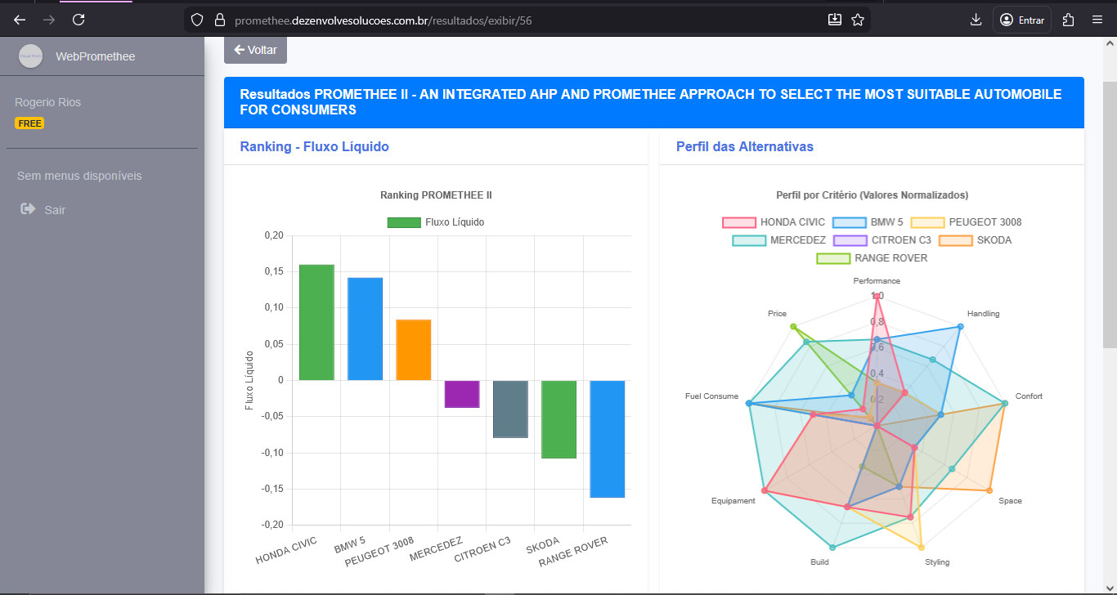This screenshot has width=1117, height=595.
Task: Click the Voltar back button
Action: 255,50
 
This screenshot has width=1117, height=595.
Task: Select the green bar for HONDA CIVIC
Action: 316,322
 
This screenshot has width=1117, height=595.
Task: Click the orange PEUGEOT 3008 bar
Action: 413,350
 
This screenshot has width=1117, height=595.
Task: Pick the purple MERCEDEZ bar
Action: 462,394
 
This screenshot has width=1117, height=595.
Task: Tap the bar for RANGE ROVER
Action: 608,439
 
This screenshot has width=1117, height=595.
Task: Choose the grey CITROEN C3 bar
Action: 510,409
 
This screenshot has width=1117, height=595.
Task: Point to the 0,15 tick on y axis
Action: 274,271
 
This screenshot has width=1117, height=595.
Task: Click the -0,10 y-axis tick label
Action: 272,453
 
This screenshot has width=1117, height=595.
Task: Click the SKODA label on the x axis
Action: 543,544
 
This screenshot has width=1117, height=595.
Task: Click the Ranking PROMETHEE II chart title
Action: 436,195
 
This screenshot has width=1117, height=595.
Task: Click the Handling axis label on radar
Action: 983,314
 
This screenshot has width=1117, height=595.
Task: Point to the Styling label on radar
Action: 937,562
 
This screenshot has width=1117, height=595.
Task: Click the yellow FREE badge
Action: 29,123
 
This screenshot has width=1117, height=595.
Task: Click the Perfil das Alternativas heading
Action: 744,147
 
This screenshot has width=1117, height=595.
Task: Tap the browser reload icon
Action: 79,20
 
